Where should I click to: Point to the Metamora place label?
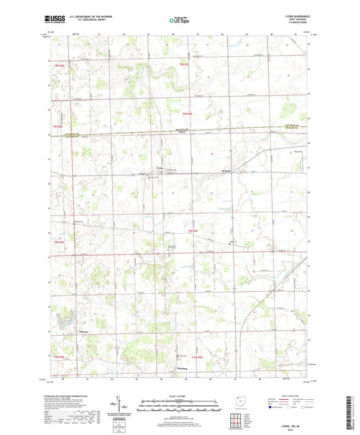(228, 171)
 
